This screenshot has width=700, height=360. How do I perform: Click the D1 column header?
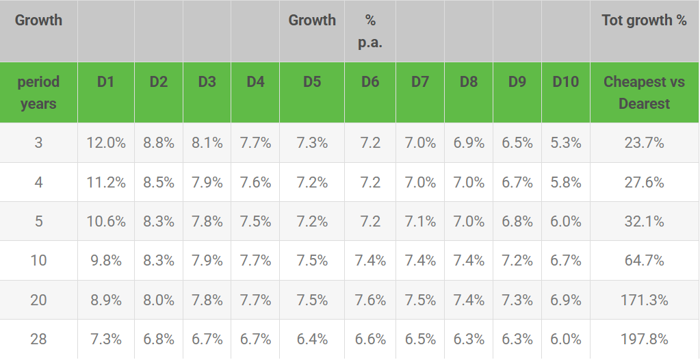pyautogui.click(x=105, y=82)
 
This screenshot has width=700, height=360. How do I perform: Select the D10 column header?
pyautogui.click(x=565, y=82)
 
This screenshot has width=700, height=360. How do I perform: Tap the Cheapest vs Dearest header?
pyautogui.click(x=644, y=92)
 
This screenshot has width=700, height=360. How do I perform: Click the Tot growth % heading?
pyautogui.click(x=644, y=20)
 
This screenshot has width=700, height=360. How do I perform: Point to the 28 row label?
pyautogui.click(x=38, y=339)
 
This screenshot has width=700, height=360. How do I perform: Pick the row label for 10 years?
pyautogui.click(x=38, y=260)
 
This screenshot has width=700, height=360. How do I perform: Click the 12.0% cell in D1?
pyautogui.click(x=106, y=143)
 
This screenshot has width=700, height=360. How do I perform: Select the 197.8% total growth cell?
pyautogui.click(x=644, y=339)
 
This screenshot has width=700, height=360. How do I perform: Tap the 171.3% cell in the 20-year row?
pyautogui.click(x=644, y=300)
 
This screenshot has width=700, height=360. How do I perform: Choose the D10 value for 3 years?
pyautogui.click(x=566, y=143)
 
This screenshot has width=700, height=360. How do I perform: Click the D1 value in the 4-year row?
pyautogui.click(x=106, y=182)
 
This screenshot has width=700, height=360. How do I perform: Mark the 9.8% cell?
pyautogui.click(x=106, y=260)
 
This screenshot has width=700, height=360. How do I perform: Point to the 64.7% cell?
pyautogui.click(x=644, y=260)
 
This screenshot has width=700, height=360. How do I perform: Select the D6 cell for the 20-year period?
pyautogui.click(x=370, y=300)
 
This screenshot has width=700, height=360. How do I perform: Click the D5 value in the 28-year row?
pyautogui.click(x=312, y=339)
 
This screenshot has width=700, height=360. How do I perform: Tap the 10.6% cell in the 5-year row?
pyautogui.click(x=106, y=222)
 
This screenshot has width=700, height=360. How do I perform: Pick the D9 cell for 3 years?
pyautogui.click(x=517, y=143)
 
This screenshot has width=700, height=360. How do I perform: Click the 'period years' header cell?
pyautogui.click(x=38, y=92)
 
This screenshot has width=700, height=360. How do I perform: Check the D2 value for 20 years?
pyautogui.click(x=159, y=300)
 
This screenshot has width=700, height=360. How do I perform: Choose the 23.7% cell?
pyautogui.click(x=644, y=143)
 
